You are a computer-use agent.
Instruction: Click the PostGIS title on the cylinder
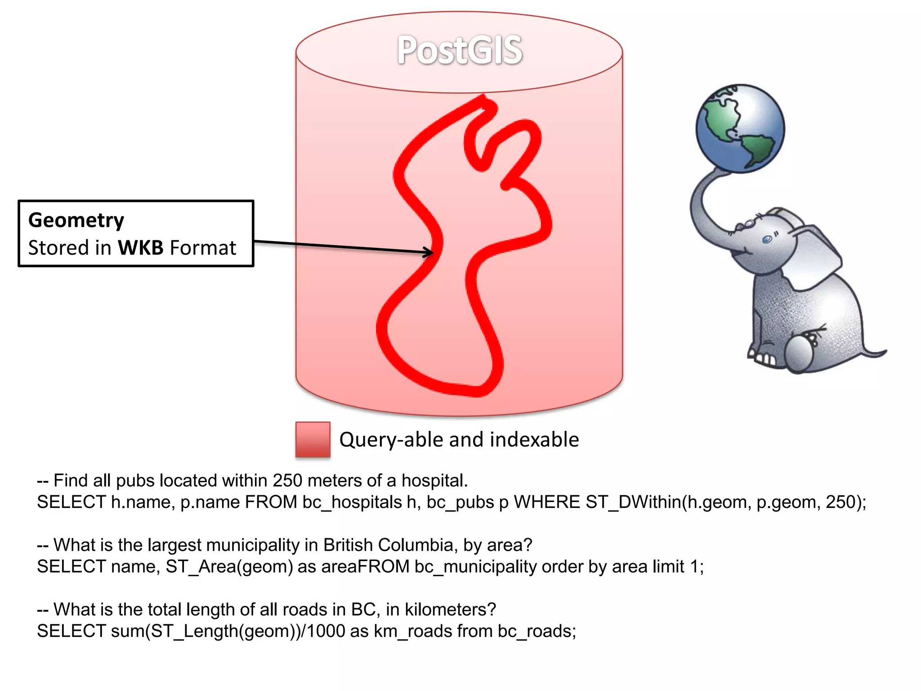click(459, 50)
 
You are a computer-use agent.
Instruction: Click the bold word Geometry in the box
click(76, 220)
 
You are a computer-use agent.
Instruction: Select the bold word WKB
click(140, 248)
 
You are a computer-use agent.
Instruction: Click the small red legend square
click(313, 440)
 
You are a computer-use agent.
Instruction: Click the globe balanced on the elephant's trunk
click(740, 128)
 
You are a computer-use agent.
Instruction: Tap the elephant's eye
click(767, 240)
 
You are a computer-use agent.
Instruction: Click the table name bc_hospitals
click(352, 502)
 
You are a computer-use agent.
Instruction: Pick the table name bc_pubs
click(460, 502)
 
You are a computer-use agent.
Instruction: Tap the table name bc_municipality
click(475, 566)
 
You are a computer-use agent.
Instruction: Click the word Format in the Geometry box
click(203, 248)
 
